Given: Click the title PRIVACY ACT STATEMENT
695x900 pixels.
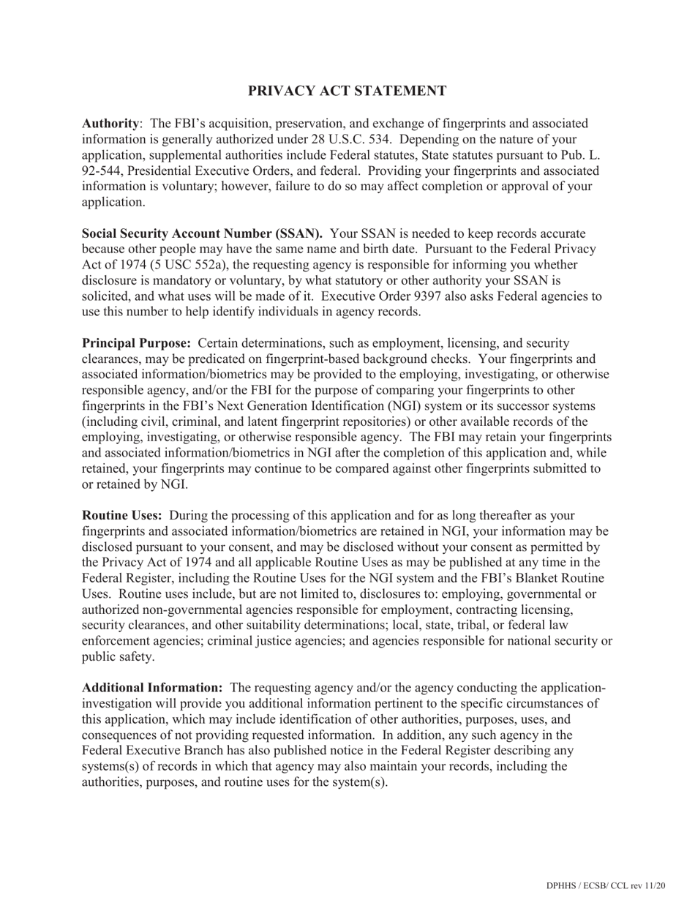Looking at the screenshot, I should pyautogui.click(x=347, y=91).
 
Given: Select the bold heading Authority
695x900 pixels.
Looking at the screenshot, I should pyautogui.click(x=110, y=124).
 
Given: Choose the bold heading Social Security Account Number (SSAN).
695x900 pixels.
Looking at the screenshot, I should pyautogui.click(x=202, y=233).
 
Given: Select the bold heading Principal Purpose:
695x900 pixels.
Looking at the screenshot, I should pyautogui.click(x=137, y=343).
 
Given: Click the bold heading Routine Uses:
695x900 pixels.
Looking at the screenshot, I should pyautogui.click(x=122, y=515).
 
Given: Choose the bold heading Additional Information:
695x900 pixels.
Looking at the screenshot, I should pyautogui.click(x=152, y=688).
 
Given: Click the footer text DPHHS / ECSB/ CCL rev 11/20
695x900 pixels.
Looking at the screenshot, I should pyautogui.click(x=605, y=886).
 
